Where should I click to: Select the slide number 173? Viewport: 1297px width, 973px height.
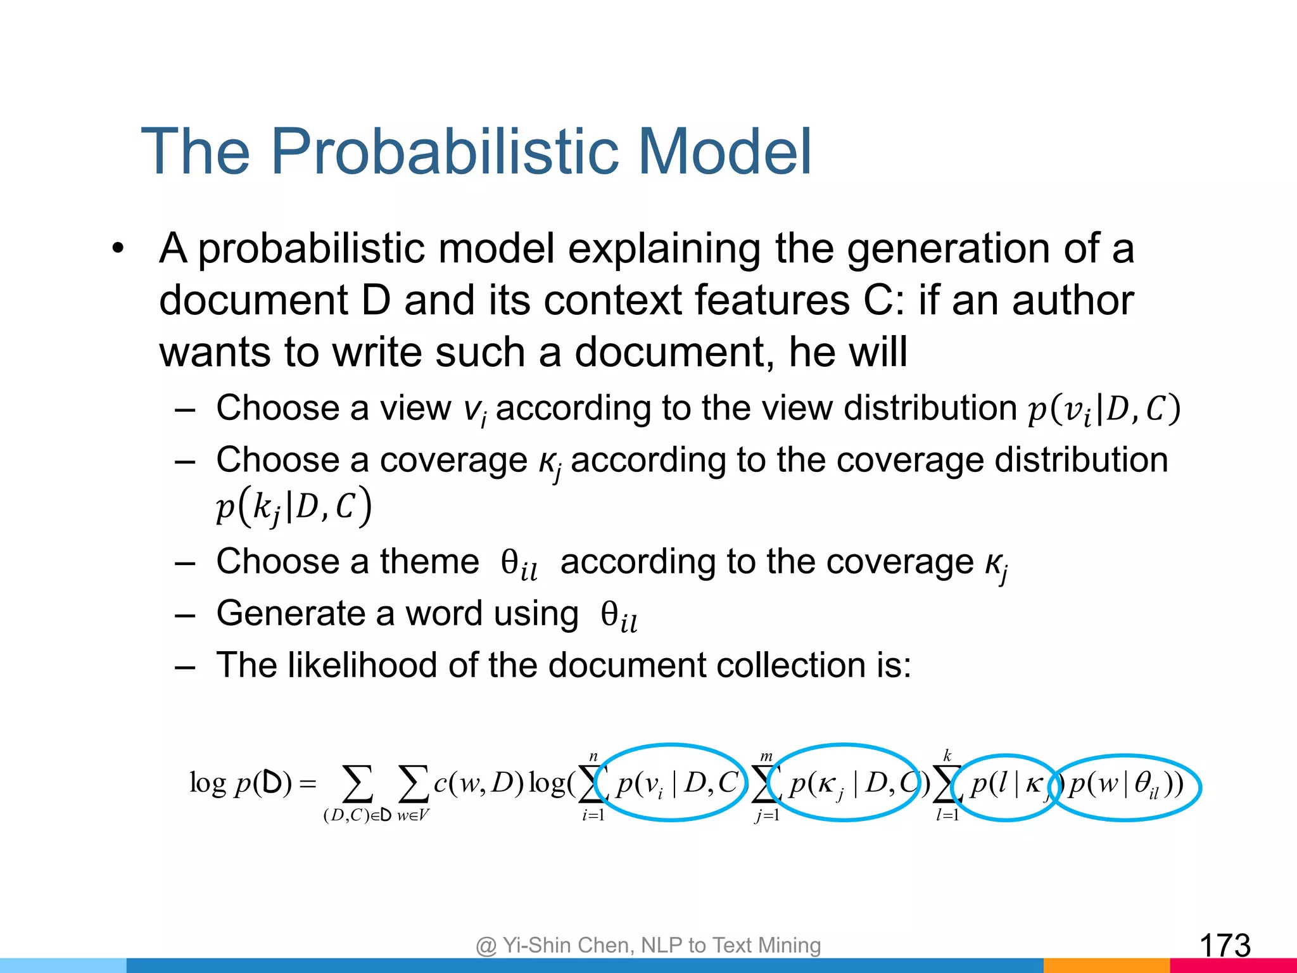pos(1225,946)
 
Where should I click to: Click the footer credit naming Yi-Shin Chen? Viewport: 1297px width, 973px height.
pos(648,945)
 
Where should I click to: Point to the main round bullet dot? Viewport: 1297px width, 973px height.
pos(118,249)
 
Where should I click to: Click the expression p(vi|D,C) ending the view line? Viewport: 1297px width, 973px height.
pos(1103,409)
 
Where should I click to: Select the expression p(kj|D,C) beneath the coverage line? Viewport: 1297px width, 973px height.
pos(293,506)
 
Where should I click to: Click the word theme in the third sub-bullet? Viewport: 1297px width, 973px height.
pos(429,561)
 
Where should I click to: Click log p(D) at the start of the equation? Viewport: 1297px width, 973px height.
pos(241,784)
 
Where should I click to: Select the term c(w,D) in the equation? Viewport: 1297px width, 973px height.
pos(478,784)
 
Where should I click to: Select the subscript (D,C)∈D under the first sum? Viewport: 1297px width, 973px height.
pos(357,815)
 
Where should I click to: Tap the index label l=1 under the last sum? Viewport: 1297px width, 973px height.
pos(947,815)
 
